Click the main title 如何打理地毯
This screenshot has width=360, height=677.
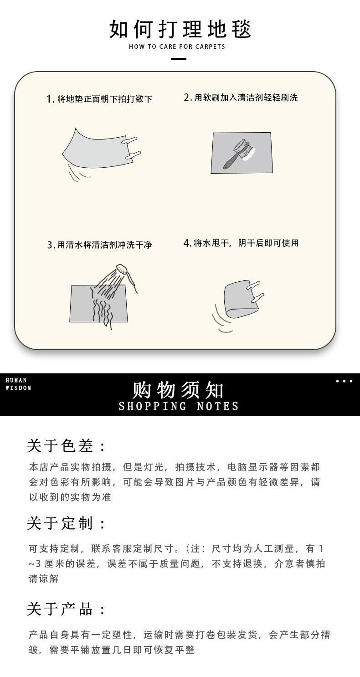180,29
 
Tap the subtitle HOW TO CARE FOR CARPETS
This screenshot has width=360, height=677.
177,47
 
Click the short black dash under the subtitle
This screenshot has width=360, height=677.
178,58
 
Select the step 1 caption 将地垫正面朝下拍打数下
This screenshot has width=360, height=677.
99,99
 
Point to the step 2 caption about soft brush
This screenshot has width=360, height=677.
241,98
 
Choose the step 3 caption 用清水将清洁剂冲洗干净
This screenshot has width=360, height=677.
99,245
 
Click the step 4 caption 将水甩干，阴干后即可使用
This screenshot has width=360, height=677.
241,243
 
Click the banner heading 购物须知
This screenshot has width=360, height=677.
178,390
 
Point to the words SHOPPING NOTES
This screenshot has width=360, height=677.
179,406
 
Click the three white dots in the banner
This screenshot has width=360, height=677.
344,381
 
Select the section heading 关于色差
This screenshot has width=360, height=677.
66,445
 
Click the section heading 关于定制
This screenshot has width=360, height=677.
66,523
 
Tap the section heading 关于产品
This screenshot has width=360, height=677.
66,609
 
